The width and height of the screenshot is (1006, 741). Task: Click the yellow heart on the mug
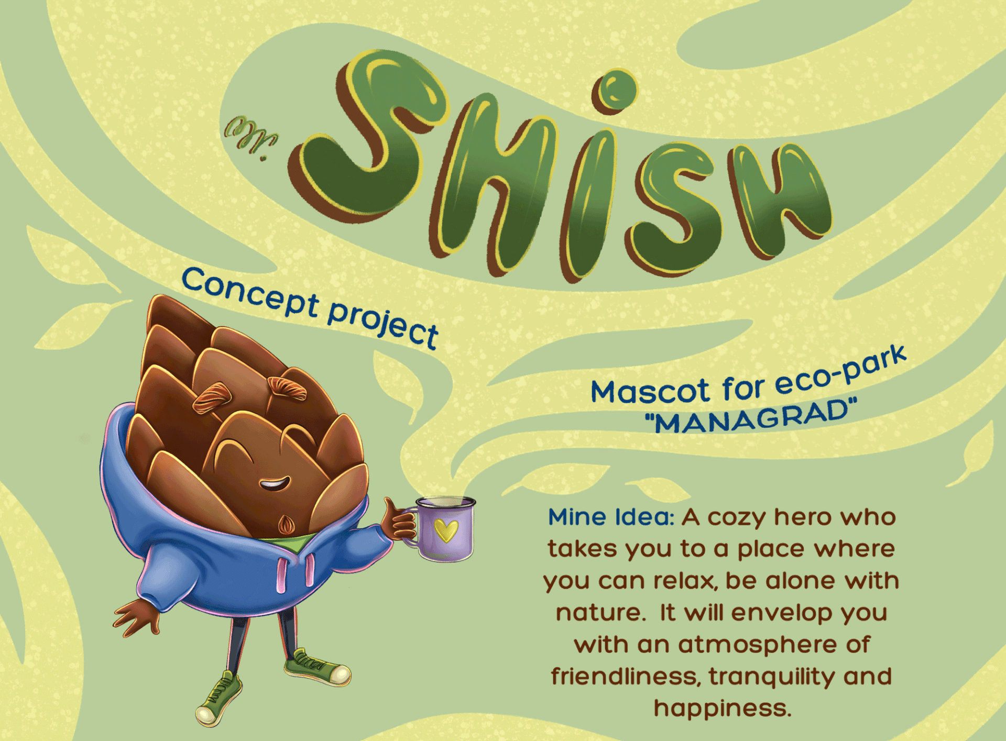[446, 530]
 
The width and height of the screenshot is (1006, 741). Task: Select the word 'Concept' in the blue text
[250, 293]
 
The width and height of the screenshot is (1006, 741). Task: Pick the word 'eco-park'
[840, 368]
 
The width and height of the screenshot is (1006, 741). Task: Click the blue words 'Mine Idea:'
[611, 517]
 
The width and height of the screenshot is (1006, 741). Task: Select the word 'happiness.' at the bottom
[723, 709]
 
